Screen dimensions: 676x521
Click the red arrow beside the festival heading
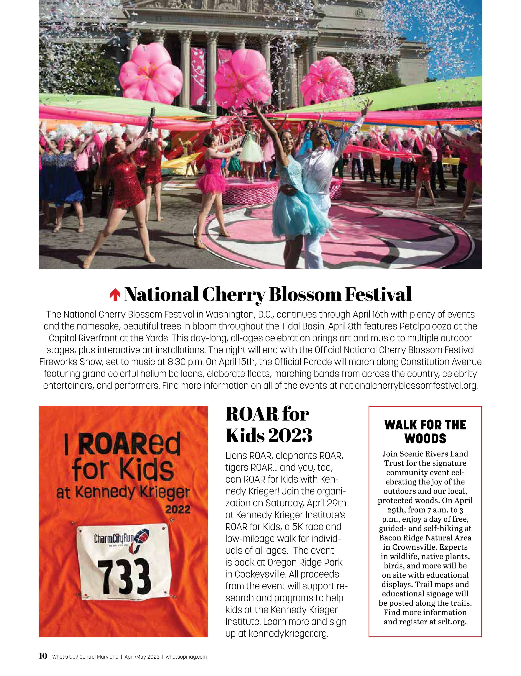pos(115,295)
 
